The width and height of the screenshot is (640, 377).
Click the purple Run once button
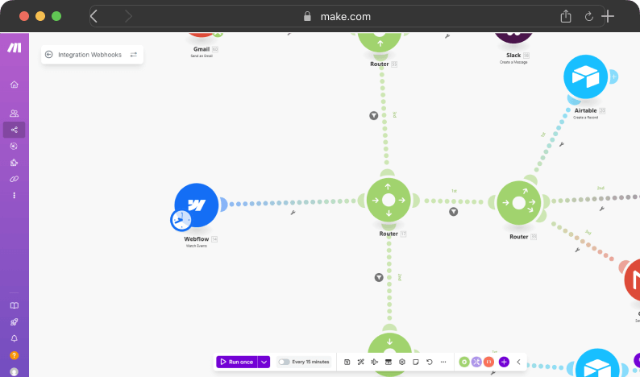tap(236, 362)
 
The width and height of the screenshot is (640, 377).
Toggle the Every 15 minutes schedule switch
tap(284, 362)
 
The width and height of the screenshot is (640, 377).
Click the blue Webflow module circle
tap(197, 205)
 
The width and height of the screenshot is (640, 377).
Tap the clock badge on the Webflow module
tap(181, 220)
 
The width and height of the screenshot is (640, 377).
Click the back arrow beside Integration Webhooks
tap(49, 55)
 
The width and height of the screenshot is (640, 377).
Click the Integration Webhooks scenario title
tap(89, 55)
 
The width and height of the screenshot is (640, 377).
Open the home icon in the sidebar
tap(14, 85)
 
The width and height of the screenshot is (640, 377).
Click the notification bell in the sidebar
tap(14, 338)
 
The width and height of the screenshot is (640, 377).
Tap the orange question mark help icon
tap(14, 355)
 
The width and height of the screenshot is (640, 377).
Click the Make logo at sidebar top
tap(14, 48)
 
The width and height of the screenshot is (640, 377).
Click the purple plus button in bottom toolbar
tap(504, 362)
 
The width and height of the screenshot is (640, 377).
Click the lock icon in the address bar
tap(306, 16)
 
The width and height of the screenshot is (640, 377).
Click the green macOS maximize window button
tap(56, 16)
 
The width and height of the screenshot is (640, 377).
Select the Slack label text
tap(513, 55)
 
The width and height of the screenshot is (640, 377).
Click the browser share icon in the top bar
tap(566, 16)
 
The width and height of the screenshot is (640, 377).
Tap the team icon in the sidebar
tap(14, 114)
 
